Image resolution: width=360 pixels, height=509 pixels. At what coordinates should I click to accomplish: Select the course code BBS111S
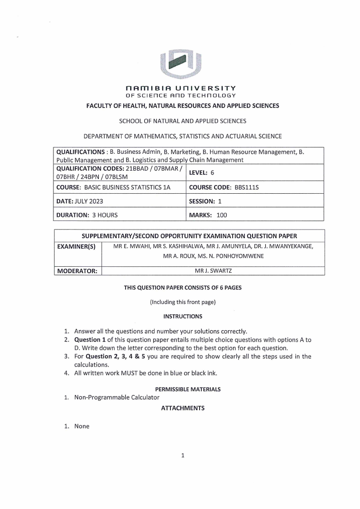coord(246,187)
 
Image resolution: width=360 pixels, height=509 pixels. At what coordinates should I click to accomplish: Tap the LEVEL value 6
coord(212,172)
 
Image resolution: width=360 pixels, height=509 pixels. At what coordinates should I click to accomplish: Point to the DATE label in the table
coord(65,201)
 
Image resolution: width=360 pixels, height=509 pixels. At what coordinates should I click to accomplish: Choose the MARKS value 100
coord(222,215)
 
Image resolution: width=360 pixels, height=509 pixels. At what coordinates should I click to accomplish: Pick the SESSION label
coord(202,201)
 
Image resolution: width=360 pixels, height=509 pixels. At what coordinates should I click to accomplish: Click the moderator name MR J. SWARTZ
coord(213,271)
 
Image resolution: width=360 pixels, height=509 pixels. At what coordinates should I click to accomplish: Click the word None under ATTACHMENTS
coord(82,426)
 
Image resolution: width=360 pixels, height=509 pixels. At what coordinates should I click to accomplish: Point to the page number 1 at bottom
coord(182,455)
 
